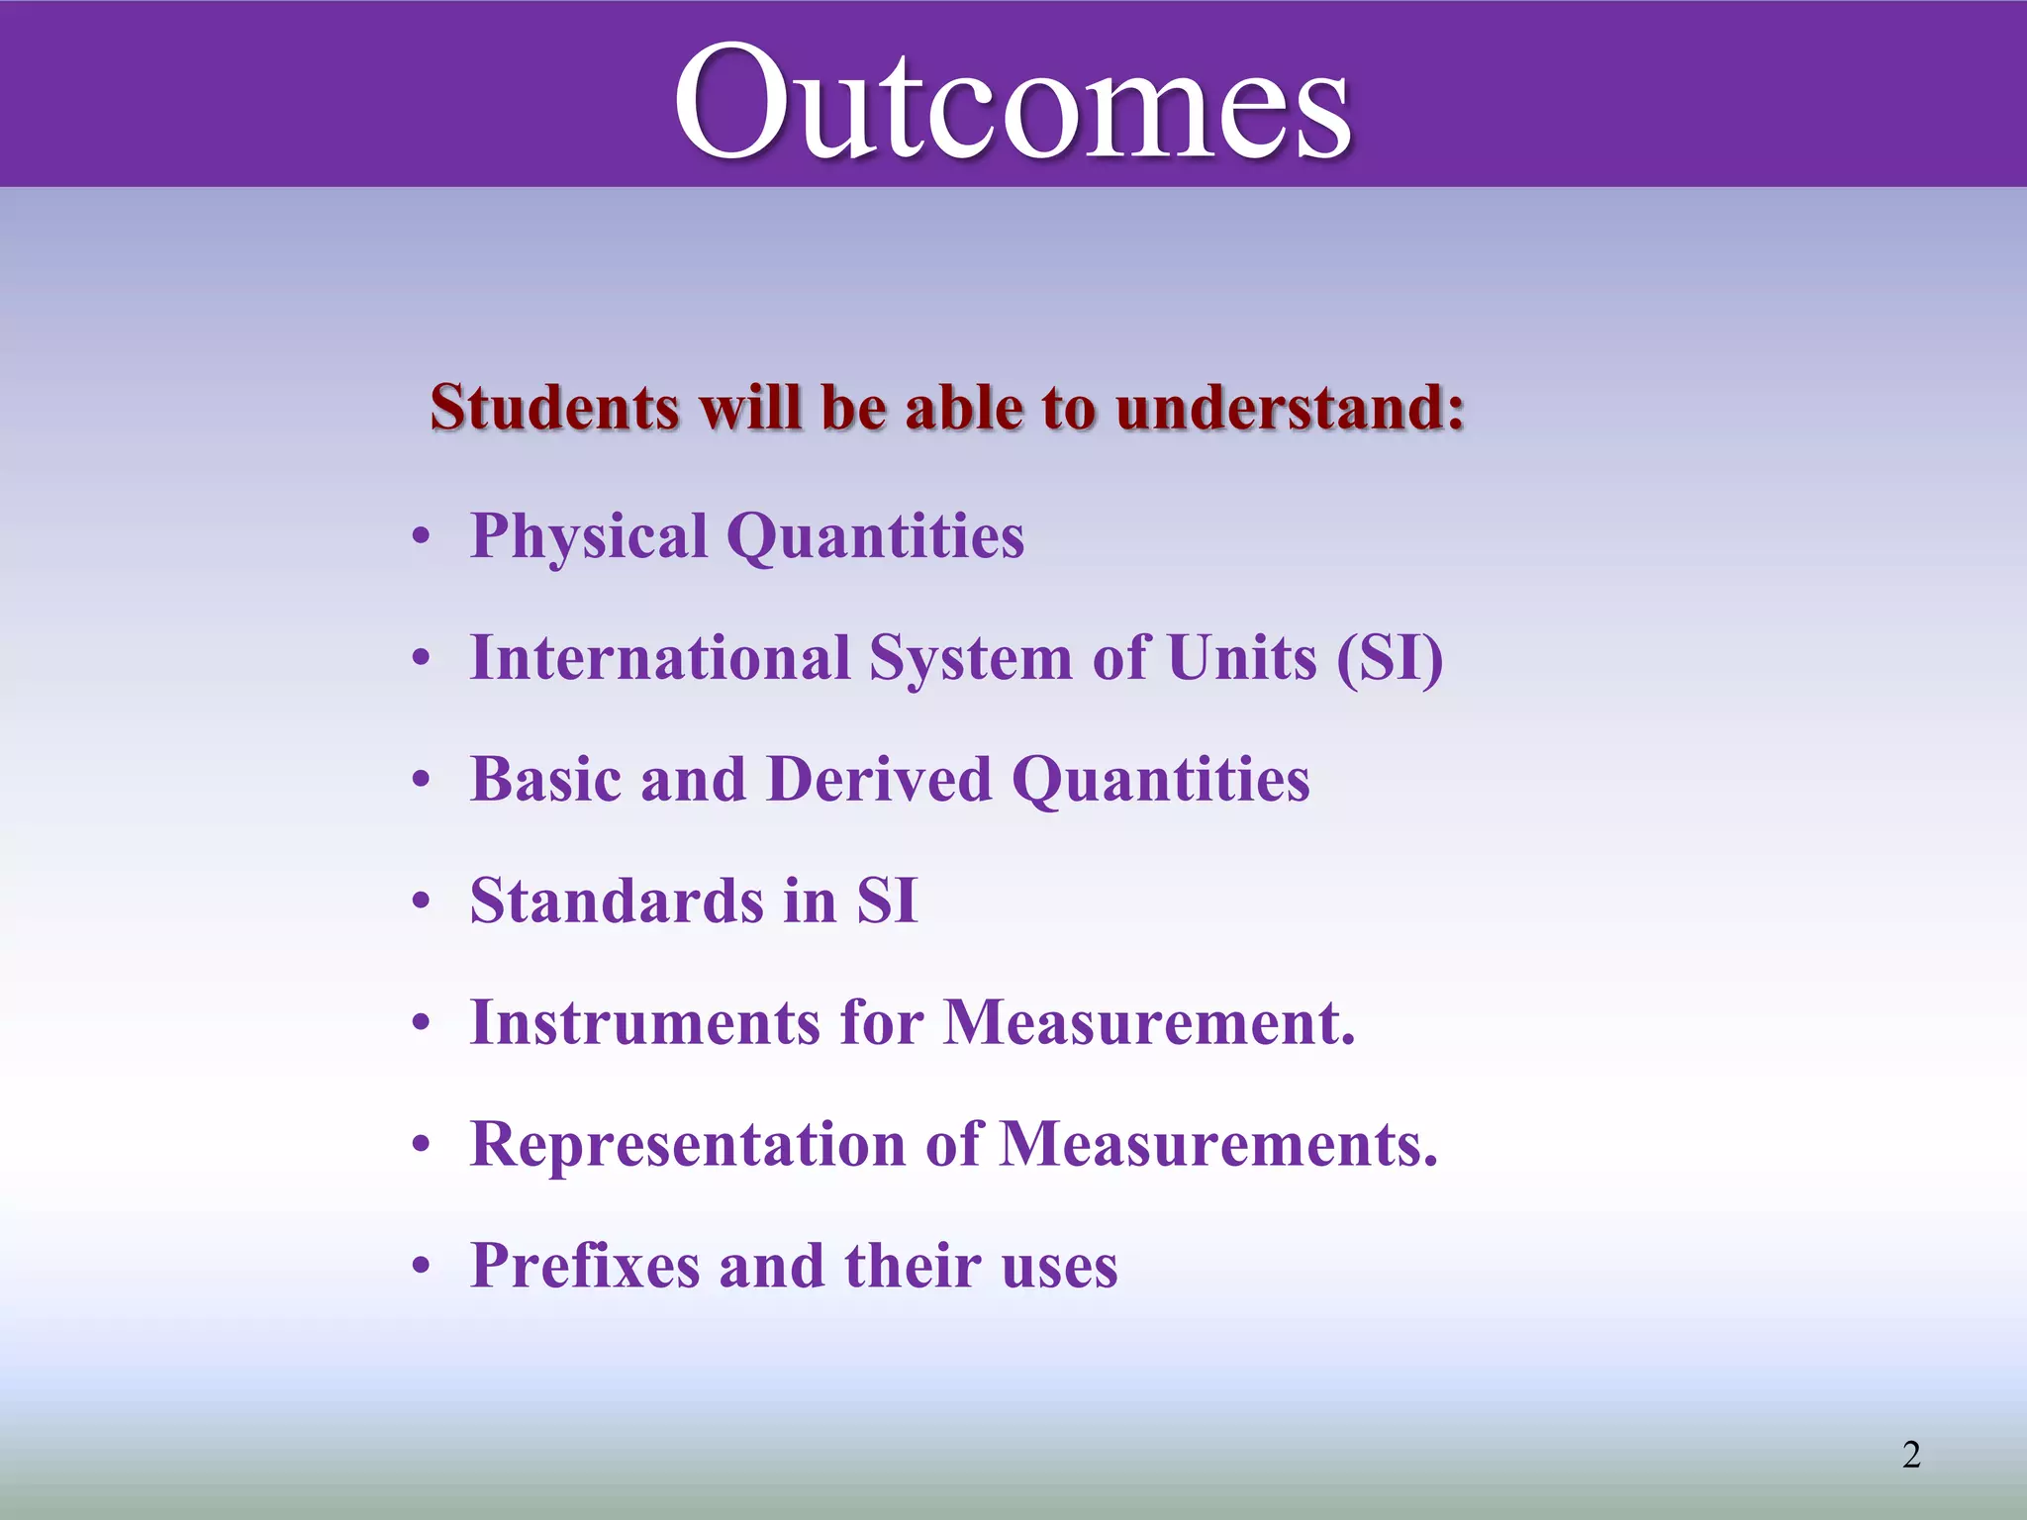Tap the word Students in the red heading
click(554, 408)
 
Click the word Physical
click(588, 537)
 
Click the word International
click(660, 658)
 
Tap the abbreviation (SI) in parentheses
click(1390, 659)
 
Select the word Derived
click(879, 780)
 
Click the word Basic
click(546, 780)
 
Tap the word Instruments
click(644, 1023)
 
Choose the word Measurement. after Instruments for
click(1149, 1023)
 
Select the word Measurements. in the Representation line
click(1218, 1145)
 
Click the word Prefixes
click(585, 1266)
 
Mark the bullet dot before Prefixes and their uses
click(423, 1267)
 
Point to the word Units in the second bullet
click(1242, 658)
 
